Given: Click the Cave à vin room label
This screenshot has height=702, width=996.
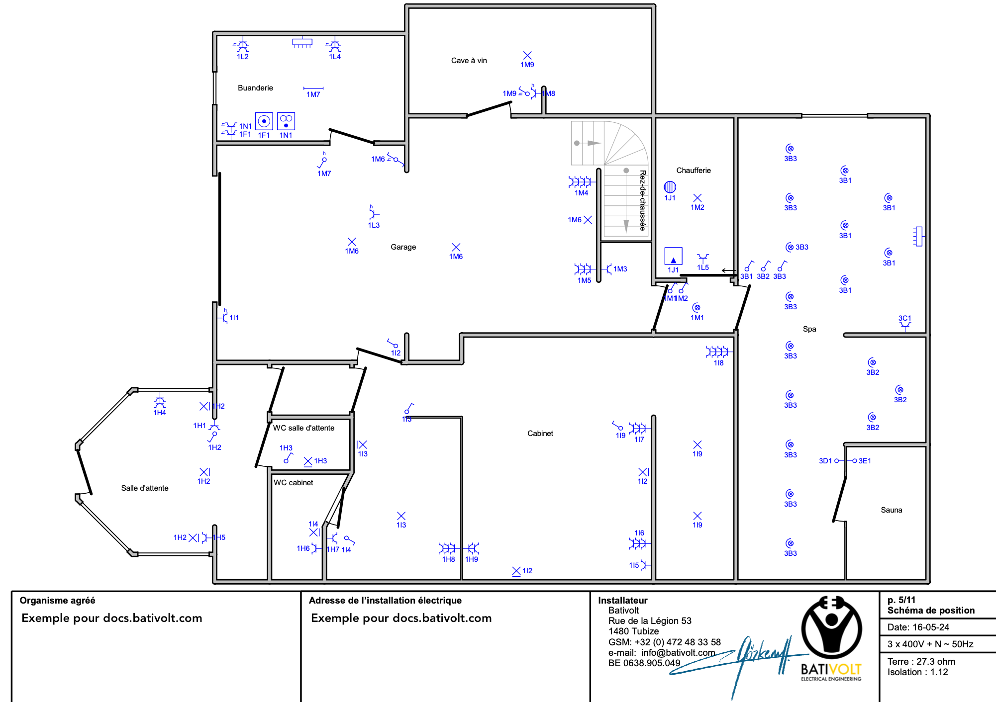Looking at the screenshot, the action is pos(469,61).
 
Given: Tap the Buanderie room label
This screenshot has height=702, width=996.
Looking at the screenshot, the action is pos(255,88).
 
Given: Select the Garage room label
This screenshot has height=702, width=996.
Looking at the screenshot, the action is pos(403,247).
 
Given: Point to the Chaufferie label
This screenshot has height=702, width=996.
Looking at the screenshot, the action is pos(694,171).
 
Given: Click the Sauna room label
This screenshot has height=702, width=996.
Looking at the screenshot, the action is pos(891,510).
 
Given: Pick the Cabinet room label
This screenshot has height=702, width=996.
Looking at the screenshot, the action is pos(540,434).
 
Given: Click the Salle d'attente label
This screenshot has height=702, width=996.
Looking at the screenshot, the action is pos(145,488).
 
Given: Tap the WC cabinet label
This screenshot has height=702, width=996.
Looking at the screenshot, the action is pos(294,483).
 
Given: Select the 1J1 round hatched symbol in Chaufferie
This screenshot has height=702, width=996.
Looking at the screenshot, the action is pos(670,187).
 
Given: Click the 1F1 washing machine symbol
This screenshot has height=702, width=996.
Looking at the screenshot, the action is pos(264,121).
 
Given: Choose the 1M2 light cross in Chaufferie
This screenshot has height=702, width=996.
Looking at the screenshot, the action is pos(697,198).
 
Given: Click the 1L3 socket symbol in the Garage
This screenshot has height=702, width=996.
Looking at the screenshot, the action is pos(374,214).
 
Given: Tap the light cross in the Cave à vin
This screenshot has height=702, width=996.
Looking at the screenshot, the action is pos(527,55).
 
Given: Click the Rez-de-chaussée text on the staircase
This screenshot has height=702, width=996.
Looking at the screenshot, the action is pos(643,200).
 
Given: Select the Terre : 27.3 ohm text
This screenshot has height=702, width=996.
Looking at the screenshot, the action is pos(921,662).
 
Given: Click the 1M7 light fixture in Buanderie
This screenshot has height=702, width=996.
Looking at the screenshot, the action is pos(313,88).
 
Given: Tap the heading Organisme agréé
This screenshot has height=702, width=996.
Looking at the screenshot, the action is pos(57,601).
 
